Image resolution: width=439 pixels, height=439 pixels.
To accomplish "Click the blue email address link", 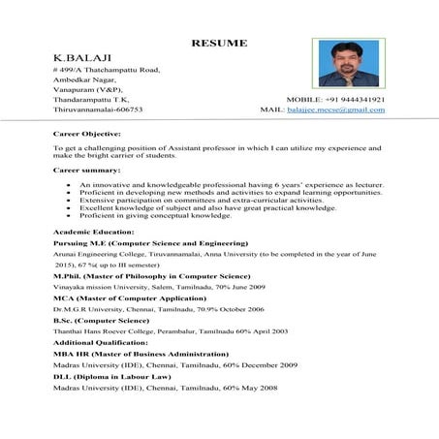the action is pyautogui.click(x=335, y=110).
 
